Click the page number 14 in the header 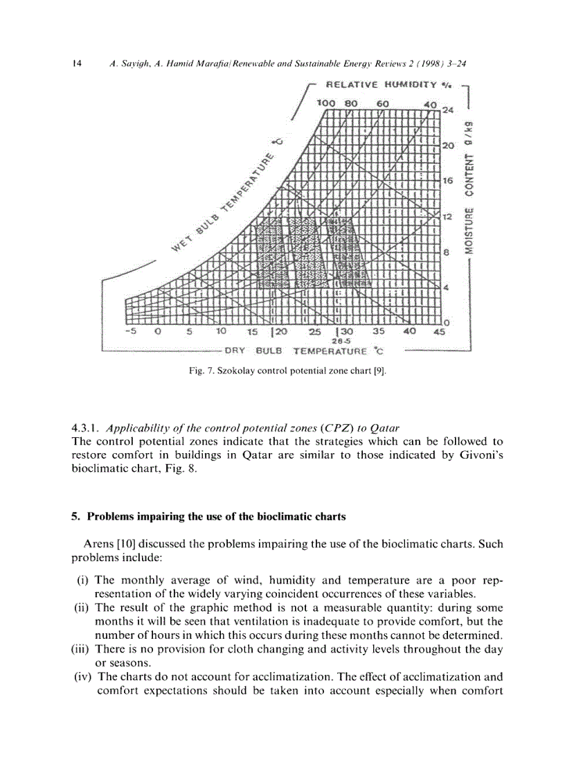point(77,64)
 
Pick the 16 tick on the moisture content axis point(447,181)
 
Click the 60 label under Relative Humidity point(383,103)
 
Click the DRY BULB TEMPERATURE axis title point(304,351)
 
